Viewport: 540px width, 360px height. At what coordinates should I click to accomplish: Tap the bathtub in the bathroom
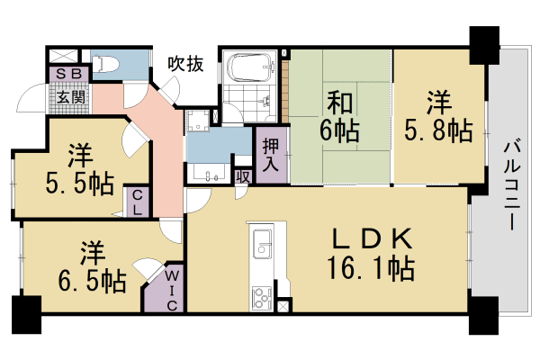[251, 67]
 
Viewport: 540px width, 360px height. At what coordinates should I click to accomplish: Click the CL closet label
[139, 201]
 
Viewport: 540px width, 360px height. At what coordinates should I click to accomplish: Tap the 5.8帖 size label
[437, 130]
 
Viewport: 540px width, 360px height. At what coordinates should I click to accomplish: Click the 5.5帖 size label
[80, 185]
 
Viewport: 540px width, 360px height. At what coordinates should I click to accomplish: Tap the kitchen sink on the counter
[263, 243]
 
